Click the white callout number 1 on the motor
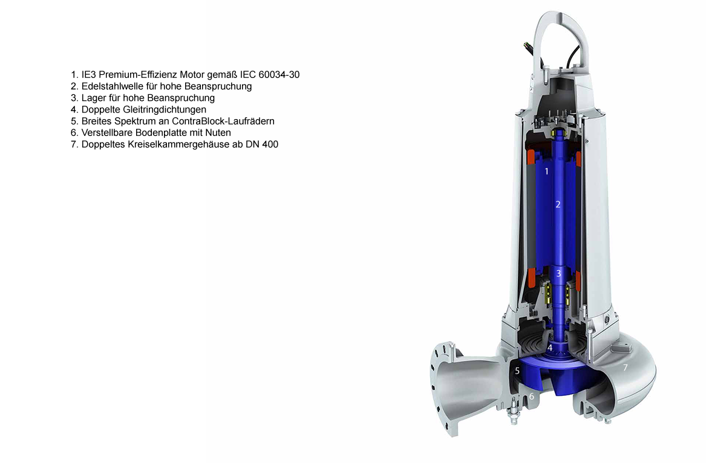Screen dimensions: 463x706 pyautogui.click(x=546, y=172)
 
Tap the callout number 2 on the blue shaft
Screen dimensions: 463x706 pyautogui.click(x=558, y=204)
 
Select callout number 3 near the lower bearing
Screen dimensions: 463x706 pyautogui.click(x=558, y=274)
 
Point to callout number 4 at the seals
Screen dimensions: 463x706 pyautogui.click(x=550, y=349)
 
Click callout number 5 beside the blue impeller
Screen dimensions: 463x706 pyautogui.click(x=517, y=371)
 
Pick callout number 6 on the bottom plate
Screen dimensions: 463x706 pyautogui.click(x=532, y=397)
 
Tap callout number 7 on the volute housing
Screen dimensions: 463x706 pyautogui.click(x=626, y=367)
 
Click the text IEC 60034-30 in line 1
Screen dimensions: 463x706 pyautogui.click(x=270, y=75)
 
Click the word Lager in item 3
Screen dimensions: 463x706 pyautogui.click(x=93, y=98)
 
